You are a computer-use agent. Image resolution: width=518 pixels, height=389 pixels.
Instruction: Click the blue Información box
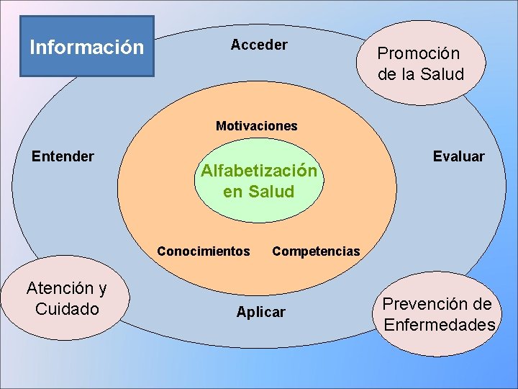pos(86,47)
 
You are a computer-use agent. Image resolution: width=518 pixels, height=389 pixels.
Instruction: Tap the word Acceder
pos(259,45)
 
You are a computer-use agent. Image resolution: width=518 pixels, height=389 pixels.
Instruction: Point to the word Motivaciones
pos(256,126)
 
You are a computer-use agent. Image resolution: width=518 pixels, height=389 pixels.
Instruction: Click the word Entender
pos(63,156)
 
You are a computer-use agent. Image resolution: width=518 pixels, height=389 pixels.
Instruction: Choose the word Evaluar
pos(458,156)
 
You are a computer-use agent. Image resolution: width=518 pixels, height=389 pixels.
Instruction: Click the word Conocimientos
pos(204,251)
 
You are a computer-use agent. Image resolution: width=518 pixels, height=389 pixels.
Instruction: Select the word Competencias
pos(316,251)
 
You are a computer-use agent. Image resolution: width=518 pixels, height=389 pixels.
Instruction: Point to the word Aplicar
pos(260,312)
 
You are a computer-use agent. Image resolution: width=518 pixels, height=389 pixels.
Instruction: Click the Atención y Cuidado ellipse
pos(66,298)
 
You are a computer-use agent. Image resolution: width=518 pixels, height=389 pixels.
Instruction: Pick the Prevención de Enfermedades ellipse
pos(440,314)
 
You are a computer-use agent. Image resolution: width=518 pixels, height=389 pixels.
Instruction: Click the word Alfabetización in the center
pos(259,171)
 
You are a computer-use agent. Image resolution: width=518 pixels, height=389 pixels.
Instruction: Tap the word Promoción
pos(419,53)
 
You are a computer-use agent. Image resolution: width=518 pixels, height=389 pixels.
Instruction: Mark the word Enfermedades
pos(440,325)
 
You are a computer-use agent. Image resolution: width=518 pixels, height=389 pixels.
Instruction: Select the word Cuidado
pos(67,309)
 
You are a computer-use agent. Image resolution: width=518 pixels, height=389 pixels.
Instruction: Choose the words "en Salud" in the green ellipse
pos(259,192)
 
